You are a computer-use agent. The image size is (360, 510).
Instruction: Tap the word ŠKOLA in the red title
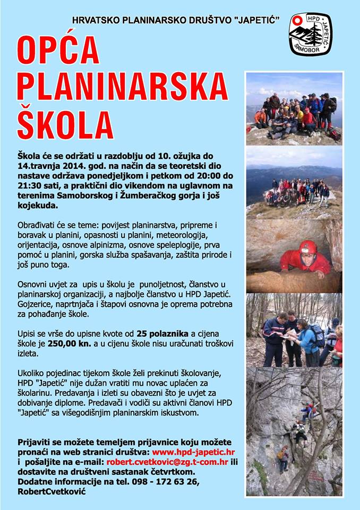click(x=65, y=123)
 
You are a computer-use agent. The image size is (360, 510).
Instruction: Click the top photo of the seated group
click(x=294, y=108)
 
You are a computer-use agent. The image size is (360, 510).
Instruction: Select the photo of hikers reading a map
click(x=294, y=329)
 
